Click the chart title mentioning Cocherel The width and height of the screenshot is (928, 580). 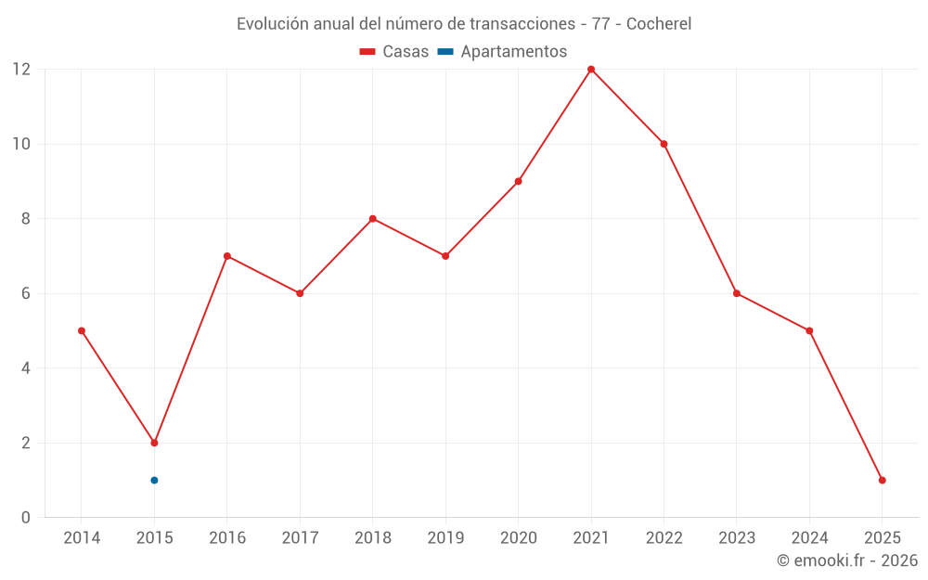coord(464,24)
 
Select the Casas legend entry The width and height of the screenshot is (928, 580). coord(394,52)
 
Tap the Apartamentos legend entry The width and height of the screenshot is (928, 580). coord(502,52)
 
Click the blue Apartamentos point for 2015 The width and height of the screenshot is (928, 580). coord(154,480)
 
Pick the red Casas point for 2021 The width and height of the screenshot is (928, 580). coord(591,70)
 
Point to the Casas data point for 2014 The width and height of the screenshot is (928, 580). coord(82,330)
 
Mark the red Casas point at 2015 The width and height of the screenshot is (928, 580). coord(154,443)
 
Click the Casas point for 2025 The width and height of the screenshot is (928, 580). coord(882,480)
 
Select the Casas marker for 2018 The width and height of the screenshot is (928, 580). coord(372,219)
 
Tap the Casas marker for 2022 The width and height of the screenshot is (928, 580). coord(664,144)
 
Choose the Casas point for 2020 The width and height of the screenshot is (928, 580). coord(518,181)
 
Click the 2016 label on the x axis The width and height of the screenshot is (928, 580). coord(227,538)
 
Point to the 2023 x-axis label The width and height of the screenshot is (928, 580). coord(736,538)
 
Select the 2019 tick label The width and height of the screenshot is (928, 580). coord(445,538)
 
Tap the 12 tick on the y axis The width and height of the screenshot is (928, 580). coord(21,70)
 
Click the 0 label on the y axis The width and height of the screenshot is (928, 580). coord(26,517)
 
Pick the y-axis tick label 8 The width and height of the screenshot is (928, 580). coord(26,219)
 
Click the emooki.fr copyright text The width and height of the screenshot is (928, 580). coord(846,561)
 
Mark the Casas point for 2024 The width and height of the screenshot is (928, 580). coord(809,330)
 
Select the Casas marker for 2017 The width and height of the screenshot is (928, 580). coord(300,293)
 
